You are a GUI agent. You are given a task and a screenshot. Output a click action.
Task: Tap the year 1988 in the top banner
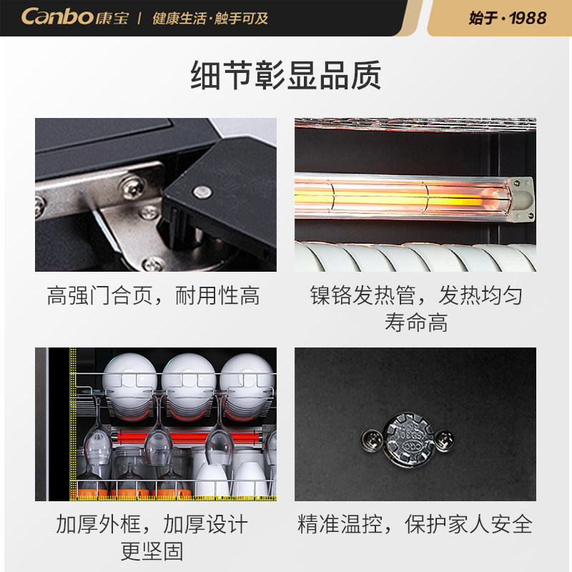(x=528, y=18)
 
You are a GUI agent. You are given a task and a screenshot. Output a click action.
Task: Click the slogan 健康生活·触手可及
(x=210, y=18)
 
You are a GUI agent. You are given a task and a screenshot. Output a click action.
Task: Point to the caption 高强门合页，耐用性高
(x=154, y=295)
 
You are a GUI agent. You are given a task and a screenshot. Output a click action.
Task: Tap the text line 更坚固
(x=152, y=551)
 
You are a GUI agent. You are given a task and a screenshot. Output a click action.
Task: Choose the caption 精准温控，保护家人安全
(x=415, y=524)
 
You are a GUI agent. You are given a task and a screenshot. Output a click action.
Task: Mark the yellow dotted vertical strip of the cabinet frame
(x=72, y=422)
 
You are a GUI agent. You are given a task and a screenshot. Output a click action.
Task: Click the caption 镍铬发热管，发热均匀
(x=415, y=295)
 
